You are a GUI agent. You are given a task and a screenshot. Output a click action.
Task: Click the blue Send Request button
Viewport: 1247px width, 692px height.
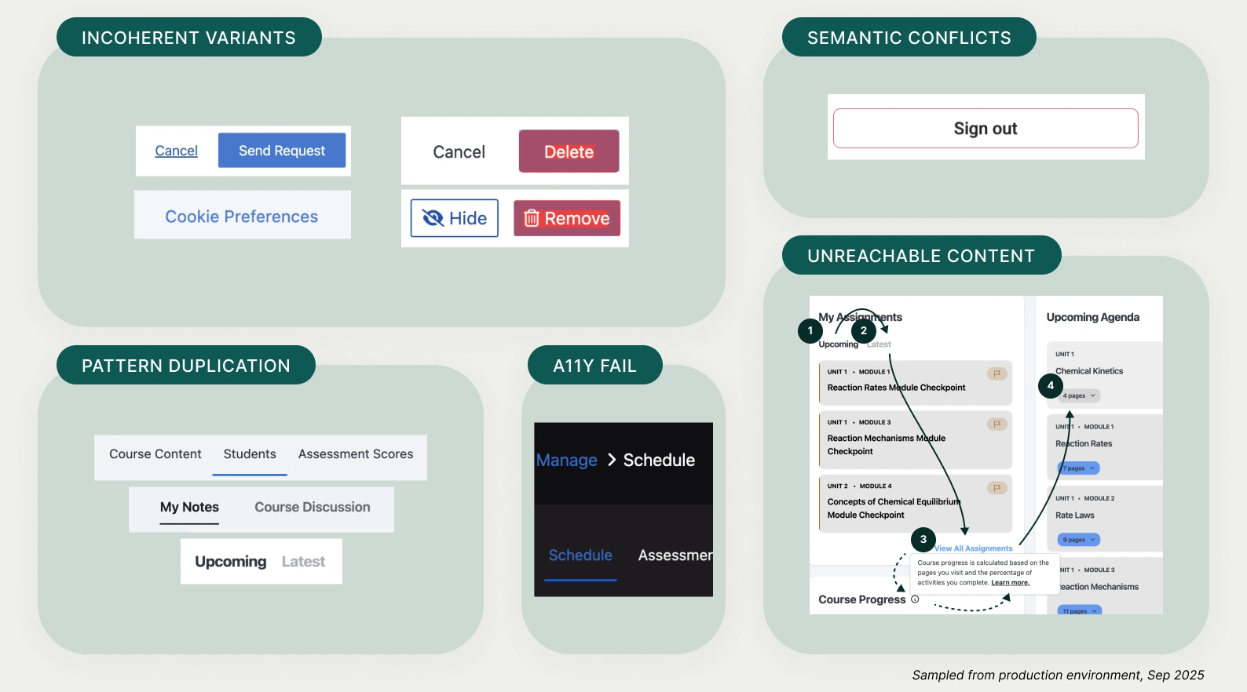(x=282, y=151)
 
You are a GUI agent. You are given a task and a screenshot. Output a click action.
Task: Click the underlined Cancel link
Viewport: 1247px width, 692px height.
(x=176, y=151)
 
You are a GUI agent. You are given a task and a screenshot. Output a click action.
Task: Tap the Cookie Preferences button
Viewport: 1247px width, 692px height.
(x=242, y=217)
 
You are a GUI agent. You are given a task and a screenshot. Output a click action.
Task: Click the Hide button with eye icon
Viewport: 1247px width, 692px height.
(x=455, y=218)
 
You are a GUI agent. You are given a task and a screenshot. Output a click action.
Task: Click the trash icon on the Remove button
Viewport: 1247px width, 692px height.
(x=532, y=218)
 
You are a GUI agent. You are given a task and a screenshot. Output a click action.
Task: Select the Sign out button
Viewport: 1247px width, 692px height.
(x=986, y=129)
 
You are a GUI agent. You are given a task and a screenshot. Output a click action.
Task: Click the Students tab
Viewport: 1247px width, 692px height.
(x=250, y=454)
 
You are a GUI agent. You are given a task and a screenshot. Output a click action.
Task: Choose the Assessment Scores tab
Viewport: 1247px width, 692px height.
(x=356, y=454)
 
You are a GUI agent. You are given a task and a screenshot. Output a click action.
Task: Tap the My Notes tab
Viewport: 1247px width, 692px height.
(x=189, y=508)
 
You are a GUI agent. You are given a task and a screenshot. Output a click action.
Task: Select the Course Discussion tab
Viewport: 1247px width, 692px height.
(x=313, y=508)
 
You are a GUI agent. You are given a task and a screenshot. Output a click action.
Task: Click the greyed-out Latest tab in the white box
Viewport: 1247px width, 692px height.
(x=303, y=562)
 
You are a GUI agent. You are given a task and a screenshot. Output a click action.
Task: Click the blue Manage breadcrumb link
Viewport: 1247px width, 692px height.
(x=566, y=461)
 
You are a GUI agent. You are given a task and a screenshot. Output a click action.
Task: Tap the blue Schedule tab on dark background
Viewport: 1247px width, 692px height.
(x=580, y=555)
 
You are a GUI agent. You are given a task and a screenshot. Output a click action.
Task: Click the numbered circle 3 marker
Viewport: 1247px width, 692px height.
(x=923, y=539)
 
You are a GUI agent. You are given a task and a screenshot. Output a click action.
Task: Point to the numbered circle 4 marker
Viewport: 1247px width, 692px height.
(x=1051, y=385)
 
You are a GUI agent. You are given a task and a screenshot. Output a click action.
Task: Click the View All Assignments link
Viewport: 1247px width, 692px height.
(x=974, y=548)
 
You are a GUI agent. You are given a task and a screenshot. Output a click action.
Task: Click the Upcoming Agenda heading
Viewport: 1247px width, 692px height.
(x=1092, y=317)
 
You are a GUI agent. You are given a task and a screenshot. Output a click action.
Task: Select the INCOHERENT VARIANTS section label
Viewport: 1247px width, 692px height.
(x=188, y=38)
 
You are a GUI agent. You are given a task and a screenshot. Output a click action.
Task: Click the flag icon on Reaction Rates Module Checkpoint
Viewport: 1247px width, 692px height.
(x=997, y=373)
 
